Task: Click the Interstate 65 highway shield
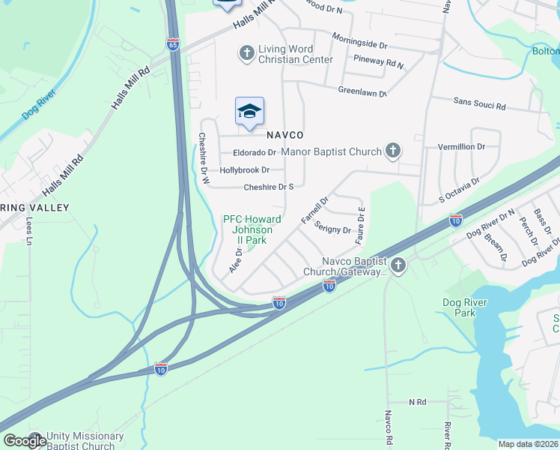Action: point(174,44)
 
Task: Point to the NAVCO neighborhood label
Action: point(284,135)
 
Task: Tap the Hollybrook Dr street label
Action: point(244,170)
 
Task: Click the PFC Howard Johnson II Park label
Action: point(252,229)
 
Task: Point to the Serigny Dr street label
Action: point(332,227)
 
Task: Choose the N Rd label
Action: point(417,402)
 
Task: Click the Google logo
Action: point(25,440)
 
